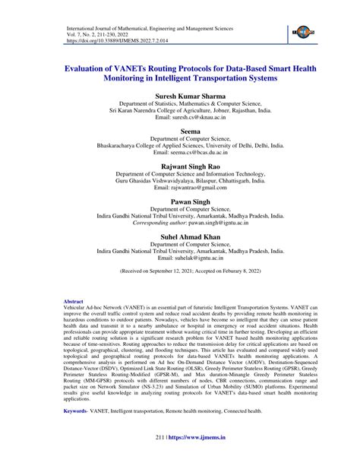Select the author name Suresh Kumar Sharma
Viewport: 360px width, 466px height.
[179, 97]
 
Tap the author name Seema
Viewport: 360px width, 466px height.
[179, 130]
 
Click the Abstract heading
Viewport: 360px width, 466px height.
[73, 302]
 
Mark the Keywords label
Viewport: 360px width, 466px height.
[78, 410]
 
